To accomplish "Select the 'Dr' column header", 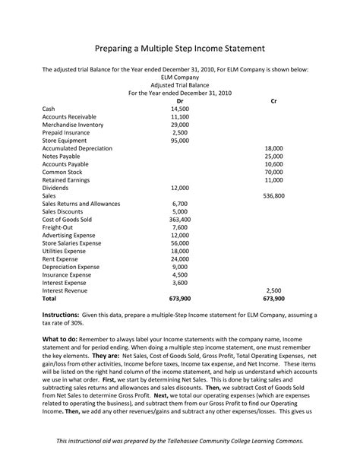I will pyautogui.click(x=180, y=101).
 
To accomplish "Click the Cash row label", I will pyautogui.click(x=49, y=109).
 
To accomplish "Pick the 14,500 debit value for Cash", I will pyautogui.click(x=180, y=109).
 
